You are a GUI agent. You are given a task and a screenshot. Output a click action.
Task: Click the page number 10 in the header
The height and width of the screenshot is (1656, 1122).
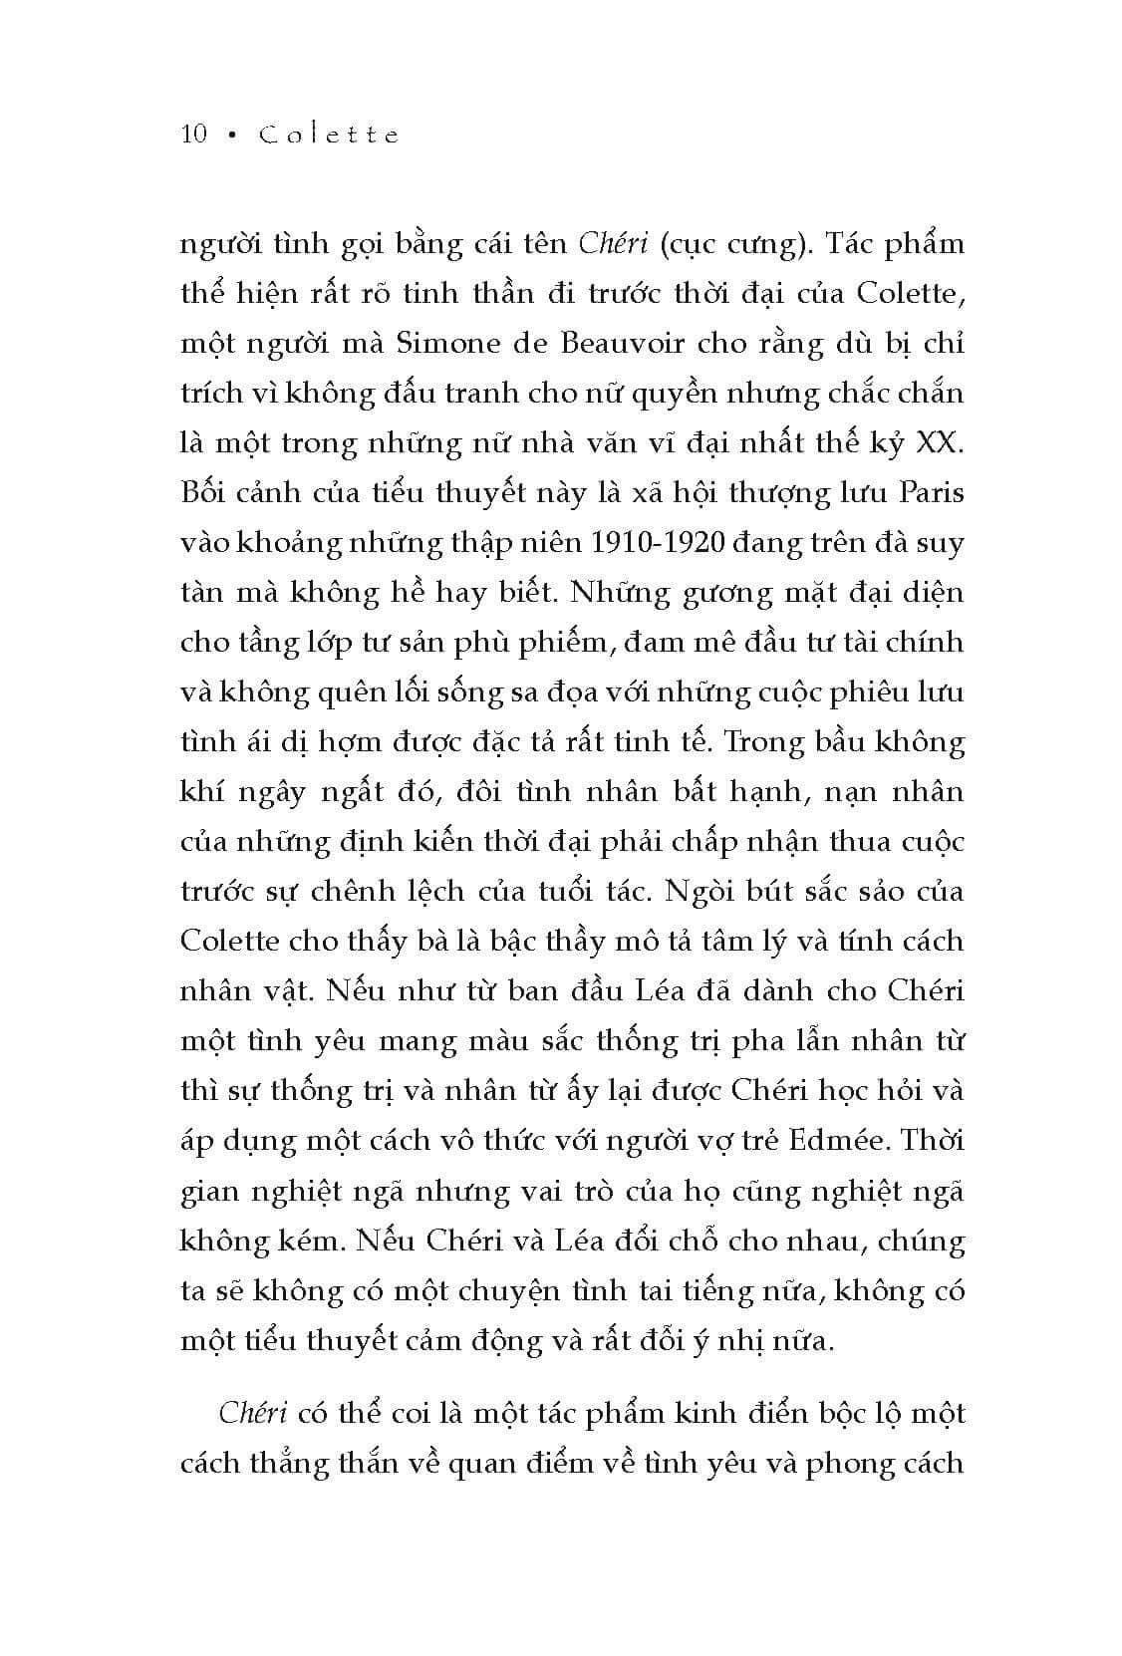click(194, 135)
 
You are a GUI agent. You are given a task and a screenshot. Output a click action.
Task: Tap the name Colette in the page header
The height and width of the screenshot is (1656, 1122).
click(328, 135)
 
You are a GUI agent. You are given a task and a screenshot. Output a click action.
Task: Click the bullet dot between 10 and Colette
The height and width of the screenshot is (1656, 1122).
click(232, 136)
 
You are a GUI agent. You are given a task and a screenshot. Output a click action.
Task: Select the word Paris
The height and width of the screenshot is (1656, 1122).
click(930, 492)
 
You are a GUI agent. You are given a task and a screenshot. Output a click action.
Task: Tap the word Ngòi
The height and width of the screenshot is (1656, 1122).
click(686, 891)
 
